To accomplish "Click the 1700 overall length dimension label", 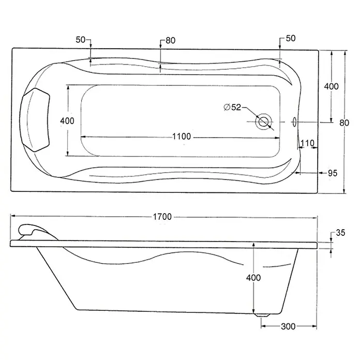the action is pyautogui.click(x=162, y=217).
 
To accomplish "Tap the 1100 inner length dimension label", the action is pyautogui.click(x=182, y=137).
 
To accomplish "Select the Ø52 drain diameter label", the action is pyautogui.click(x=232, y=107).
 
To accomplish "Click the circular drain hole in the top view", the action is pyautogui.click(x=264, y=121).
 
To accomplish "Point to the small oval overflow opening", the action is pyautogui.click(x=294, y=122).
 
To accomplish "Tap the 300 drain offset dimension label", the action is pyautogui.click(x=288, y=326).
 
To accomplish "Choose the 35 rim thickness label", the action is pyautogui.click(x=340, y=233).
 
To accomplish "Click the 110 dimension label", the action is pyautogui.click(x=307, y=143).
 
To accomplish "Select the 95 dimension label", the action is pyautogui.click(x=333, y=173).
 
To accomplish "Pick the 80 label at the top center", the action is pyautogui.click(x=171, y=40).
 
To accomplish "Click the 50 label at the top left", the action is pyautogui.click(x=81, y=40).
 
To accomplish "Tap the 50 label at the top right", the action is pyautogui.click(x=291, y=38).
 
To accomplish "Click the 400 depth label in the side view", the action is pyautogui.click(x=253, y=278).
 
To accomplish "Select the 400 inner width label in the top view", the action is pyautogui.click(x=67, y=121).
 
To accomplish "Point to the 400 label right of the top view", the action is pyautogui.click(x=332, y=86).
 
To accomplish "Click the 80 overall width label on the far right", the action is pyautogui.click(x=344, y=123).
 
